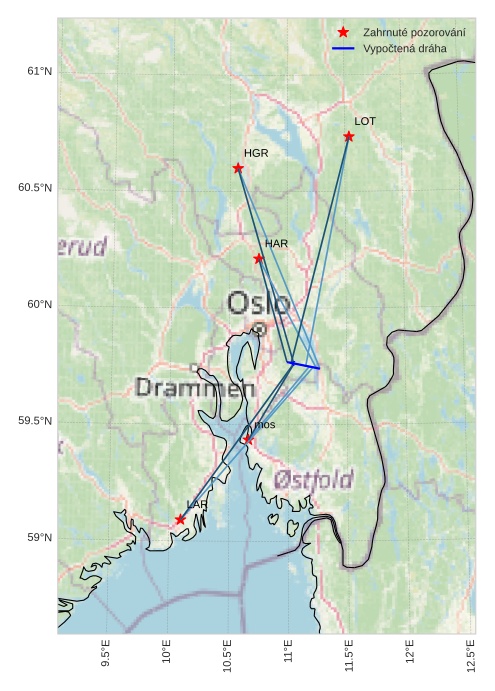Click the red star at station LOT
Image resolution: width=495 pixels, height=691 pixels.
(x=349, y=136)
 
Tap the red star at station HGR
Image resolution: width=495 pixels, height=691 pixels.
(x=238, y=168)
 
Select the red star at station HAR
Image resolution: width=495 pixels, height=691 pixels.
(x=259, y=258)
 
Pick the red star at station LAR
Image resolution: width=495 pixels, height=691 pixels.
(x=180, y=520)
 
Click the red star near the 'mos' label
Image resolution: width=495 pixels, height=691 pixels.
(x=248, y=439)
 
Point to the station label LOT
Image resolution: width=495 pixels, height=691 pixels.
(x=365, y=121)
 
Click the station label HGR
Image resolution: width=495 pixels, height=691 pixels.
(x=256, y=153)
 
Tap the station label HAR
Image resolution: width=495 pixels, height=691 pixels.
(x=276, y=243)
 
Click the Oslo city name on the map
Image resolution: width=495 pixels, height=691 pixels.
(x=258, y=303)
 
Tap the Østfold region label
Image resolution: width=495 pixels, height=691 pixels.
(x=313, y=480)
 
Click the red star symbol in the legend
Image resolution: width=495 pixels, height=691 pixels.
(x=343, y=33)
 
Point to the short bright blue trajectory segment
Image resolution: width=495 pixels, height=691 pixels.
(x=303, y=365)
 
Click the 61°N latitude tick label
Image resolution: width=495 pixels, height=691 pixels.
(x=39, y=71)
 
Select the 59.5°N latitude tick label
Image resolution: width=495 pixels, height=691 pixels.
(x=35, y=421)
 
